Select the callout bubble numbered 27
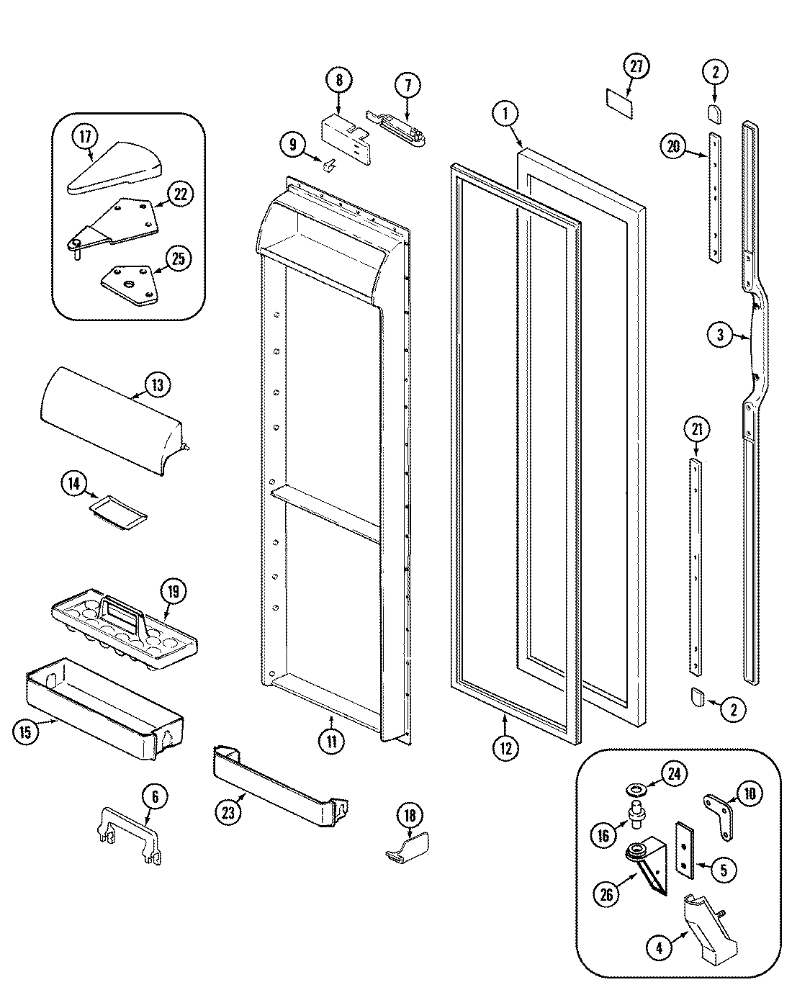coord(636,68)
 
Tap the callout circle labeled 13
coord(156,384)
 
